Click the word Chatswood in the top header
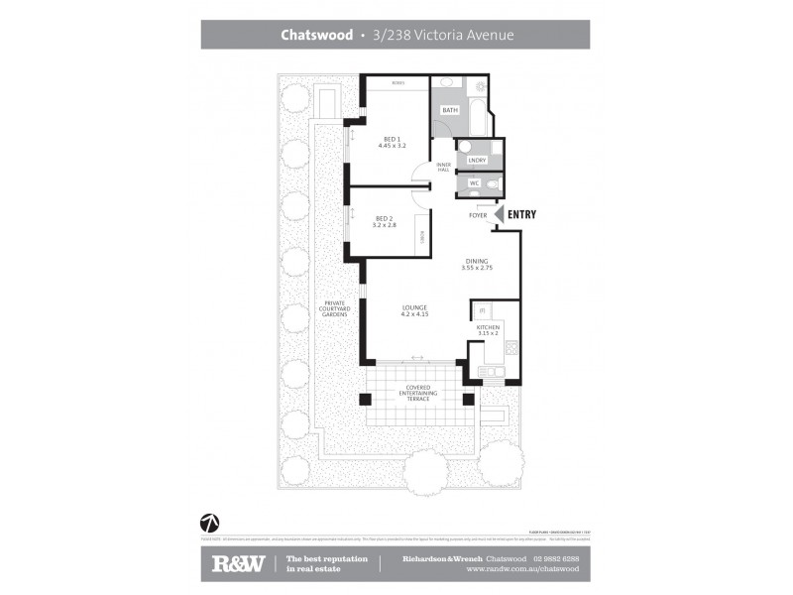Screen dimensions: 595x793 316,35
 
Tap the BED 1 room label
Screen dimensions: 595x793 392,139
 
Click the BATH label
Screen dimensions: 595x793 450,110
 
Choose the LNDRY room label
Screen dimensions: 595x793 476,160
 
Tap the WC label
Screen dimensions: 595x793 475,183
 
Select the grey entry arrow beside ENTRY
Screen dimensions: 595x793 499,213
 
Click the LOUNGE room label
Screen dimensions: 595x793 414,307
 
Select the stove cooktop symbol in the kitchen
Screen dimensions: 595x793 511,348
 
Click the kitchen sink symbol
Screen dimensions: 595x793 489,372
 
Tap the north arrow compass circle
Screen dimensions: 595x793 210,522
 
